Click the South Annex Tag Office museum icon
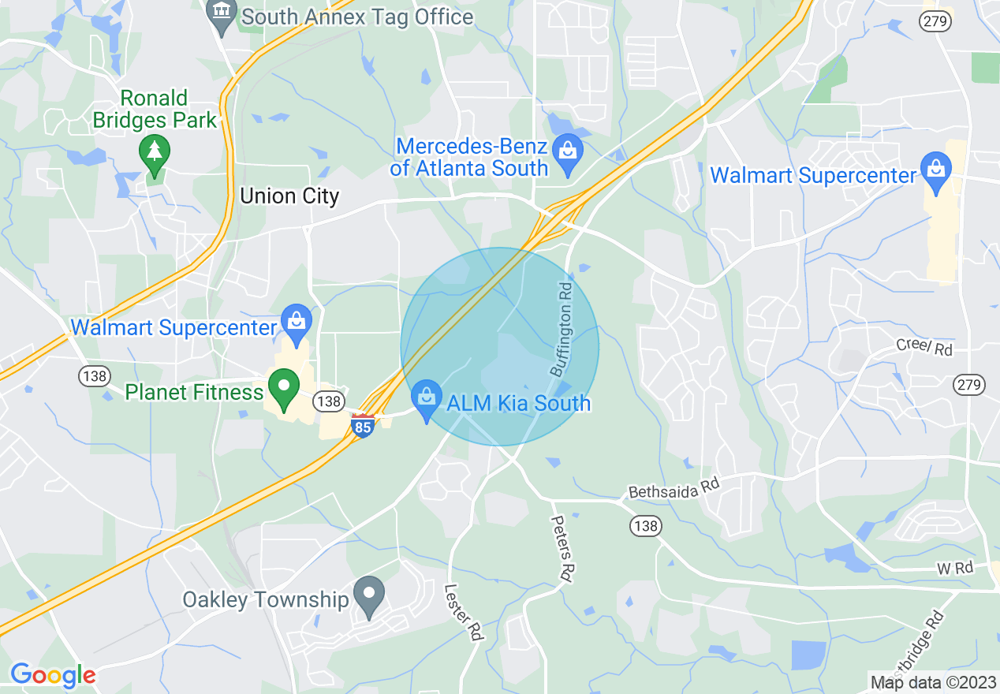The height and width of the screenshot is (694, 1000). click(x=222, y=14)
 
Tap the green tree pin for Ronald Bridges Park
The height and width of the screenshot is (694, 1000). click(x=154, y=153)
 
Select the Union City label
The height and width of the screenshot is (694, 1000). click(x=289, y=196)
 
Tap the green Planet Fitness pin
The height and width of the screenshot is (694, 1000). click(x=284, y=389)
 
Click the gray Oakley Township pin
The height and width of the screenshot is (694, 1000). click(x=368, y=595)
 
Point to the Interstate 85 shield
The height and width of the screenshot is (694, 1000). click(x=363, y=427)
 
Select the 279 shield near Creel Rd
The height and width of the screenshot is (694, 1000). click(x=969, y=384)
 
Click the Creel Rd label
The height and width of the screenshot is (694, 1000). click(x=924, y=347)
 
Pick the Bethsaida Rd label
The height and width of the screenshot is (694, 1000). click(x=674, y=487)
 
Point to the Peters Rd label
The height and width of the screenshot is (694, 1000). click(x=562, y=549)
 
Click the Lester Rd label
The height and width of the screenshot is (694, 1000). click(x=463, y=611)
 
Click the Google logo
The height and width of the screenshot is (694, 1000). click(x=53, y=675)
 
